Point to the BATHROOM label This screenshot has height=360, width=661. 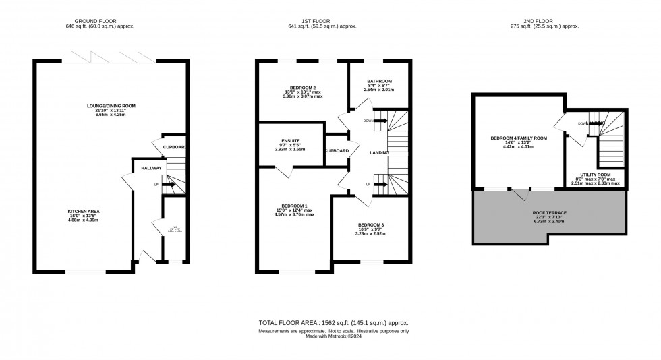(379, 81)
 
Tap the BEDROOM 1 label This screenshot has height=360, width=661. (294, 206)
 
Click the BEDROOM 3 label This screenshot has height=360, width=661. (370, 224)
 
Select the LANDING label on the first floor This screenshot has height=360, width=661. (379, 153)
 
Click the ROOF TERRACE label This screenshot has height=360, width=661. (550, 212)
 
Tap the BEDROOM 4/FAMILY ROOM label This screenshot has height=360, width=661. (519, 138)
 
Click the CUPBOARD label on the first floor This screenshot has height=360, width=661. (336, 150)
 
